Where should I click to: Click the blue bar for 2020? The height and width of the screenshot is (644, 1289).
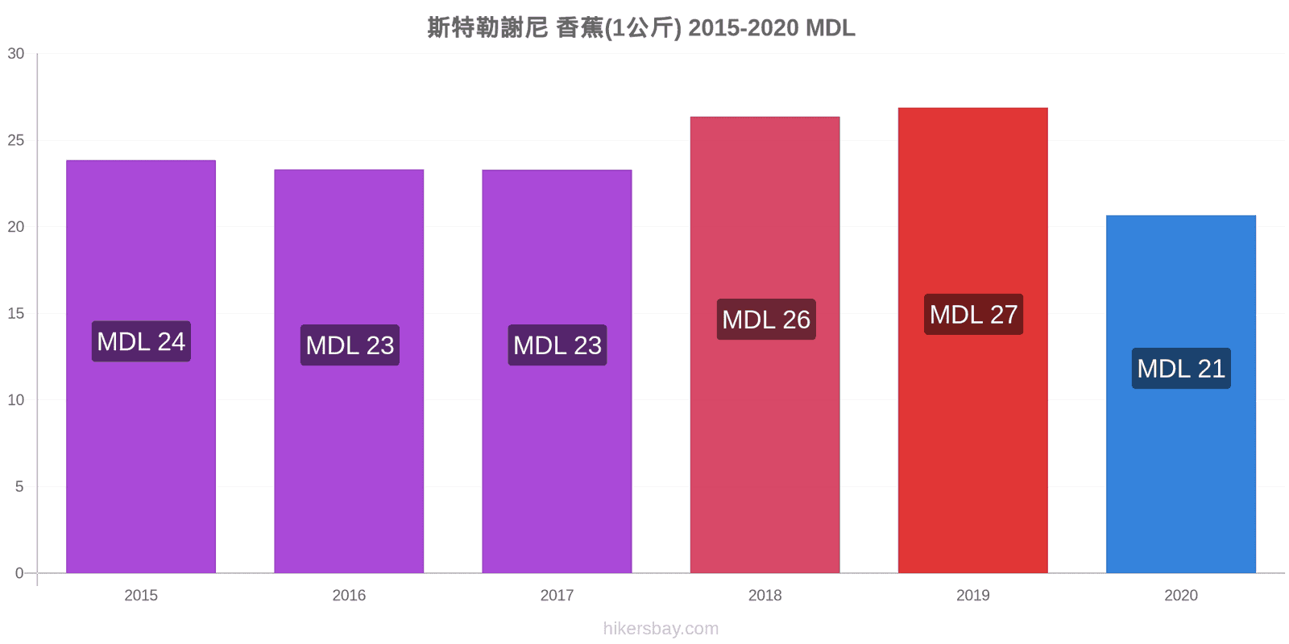tap(1181, 394)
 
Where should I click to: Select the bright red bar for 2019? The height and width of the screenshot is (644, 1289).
tap(973, 340)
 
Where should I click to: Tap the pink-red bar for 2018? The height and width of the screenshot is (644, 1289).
tap(765, 345)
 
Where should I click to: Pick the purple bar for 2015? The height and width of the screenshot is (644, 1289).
tap(141, 366)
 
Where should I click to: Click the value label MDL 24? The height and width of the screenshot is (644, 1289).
tap(141, 341)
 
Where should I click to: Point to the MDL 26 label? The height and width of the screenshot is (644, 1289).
tap(766, 319)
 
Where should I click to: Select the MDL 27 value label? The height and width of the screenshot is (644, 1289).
tap(974, 315)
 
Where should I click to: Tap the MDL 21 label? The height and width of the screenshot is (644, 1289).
tap(1181, 369)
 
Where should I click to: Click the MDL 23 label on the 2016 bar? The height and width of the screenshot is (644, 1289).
tap(350, 345)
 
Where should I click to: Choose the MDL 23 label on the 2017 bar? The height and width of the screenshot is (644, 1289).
tap(557, 345)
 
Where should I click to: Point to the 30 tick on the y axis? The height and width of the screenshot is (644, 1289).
tap(15, 53)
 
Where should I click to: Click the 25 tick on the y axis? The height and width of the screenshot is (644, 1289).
tap(15, 140)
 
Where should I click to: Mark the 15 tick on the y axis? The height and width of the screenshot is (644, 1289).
tap(15, 313)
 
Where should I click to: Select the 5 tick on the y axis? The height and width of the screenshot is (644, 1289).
tap(19, 486)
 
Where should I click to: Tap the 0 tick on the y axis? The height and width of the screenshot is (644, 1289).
tap(19, 572)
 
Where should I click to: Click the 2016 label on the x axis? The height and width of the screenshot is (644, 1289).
tap(349, 595)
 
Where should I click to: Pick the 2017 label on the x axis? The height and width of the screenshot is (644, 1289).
tap(557, 595)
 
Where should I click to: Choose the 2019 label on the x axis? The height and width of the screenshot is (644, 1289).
tap(973, 595)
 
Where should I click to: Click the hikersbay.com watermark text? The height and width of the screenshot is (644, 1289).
tap(661, 629)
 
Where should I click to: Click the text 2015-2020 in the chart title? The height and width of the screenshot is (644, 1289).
tap(744, 27)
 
